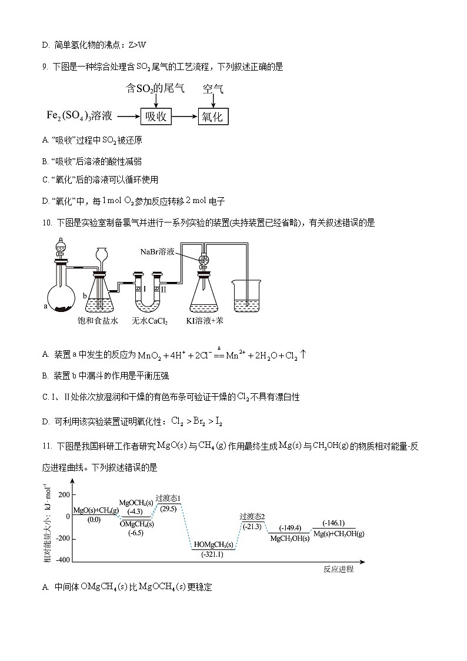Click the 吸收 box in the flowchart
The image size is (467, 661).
point(155,117)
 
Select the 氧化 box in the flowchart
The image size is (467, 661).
point(212,117)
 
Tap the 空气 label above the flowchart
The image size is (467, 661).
point(213,89)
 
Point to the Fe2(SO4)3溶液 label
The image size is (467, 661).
point(79,116)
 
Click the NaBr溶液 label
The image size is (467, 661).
point(157,251)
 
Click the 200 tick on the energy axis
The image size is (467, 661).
point(64,494)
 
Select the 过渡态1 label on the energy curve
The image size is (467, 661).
point(168,499)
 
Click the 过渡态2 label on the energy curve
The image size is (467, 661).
point(252,516)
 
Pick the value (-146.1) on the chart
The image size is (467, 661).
point(332,523)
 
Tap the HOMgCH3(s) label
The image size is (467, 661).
point(214,544)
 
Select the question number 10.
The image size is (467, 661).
point(47,222)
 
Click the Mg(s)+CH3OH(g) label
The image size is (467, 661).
point(338,533)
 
